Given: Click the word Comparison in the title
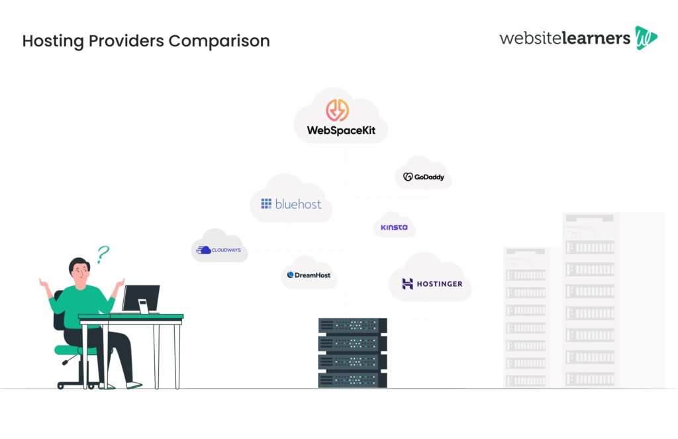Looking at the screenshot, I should coord(218,41).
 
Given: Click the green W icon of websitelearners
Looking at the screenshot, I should coord(646,38).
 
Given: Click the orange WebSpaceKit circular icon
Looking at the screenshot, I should coord(341,110).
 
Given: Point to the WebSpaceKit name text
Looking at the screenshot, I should coord(341,130).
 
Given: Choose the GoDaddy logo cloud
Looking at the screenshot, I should coord(424,177).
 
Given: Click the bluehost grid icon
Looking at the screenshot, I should coord(266,204).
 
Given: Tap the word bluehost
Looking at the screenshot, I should coord(299,204).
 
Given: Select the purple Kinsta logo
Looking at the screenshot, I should coord(395,227).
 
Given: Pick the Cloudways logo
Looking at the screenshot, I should coord(219,250).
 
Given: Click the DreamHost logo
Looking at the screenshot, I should coord(309,275).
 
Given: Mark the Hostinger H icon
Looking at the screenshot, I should coord(408,284).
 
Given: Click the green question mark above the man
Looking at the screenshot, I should coord(103,254).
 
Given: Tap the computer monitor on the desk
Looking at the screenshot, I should coord(140,299).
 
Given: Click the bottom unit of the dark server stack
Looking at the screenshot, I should coord(352,380).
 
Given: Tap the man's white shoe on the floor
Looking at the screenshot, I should coord(134,385).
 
